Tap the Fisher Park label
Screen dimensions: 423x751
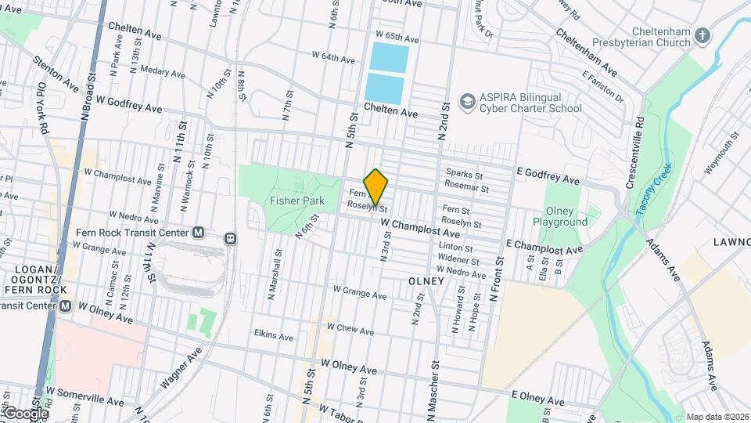tap(297, 201)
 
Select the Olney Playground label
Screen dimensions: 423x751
tap(560, 216)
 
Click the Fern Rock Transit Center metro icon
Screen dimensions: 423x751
tap(198, 233)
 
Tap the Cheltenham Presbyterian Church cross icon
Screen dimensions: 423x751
tap(702, 35)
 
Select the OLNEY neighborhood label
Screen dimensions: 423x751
tap(426, 280)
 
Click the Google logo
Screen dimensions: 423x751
tap(25, 413)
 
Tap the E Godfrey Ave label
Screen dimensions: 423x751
tap(548, 175)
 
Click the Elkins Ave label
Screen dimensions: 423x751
tap(274, 336)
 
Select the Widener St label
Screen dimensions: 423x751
tap(458, 258)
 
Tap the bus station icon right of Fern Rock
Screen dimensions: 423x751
tap(231, 237)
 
